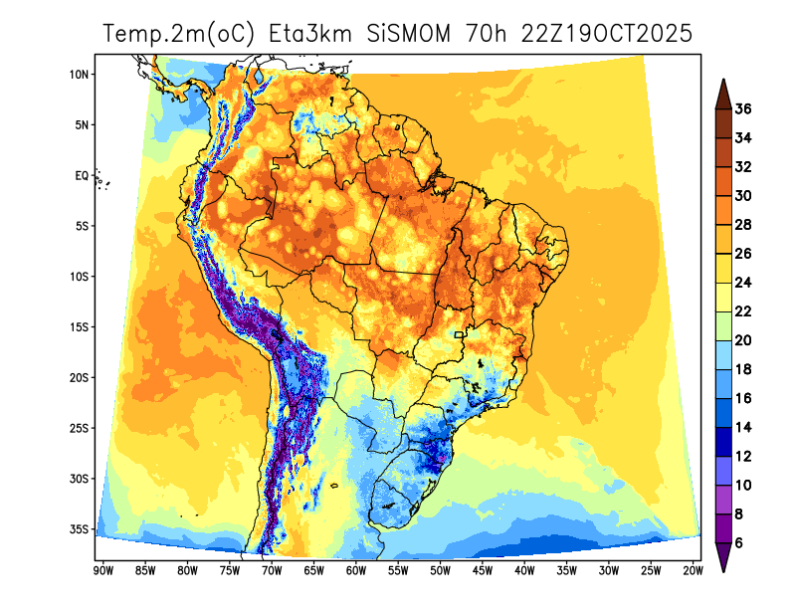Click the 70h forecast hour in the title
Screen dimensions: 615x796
tap(488, 34)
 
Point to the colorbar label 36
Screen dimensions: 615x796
tap(743, 108)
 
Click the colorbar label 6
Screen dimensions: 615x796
tap(740, 543)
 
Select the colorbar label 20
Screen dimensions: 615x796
tap(743, 340)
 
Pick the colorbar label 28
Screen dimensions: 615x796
tap(743, 225)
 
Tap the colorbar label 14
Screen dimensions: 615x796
tap(743, 428)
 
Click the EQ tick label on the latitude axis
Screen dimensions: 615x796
tap(83, 175)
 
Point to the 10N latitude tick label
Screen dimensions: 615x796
tap(81, 75)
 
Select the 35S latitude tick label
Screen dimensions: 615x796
tap(81, 529)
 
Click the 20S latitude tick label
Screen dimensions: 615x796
tap(81, 378)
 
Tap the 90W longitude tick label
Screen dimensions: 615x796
tap(102, 570)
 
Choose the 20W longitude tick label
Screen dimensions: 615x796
tap(693, 570)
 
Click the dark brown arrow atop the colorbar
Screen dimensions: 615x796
tap(724, 91)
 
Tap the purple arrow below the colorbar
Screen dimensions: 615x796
tap(724, 560)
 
